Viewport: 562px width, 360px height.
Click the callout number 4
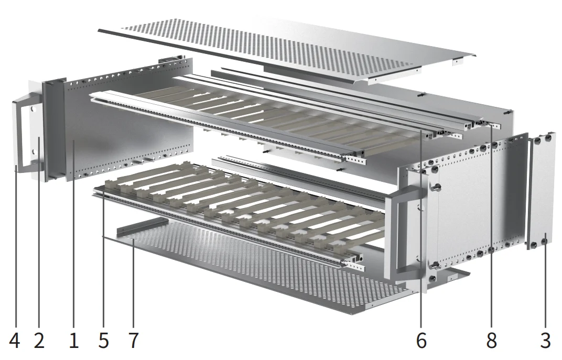pyautogui.click(x=14, y=341)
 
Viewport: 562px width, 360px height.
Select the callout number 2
pyautogui.click(x=39, y=341)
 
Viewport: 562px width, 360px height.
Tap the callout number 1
pyautogui.click(x=73, y=341)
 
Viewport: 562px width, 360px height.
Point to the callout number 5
pyautogui.click(x=103, y=341)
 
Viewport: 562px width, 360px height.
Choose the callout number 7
pyautogui.click(x=134, y=341)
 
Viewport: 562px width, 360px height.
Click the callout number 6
pyautogui.click(x=421, y=341)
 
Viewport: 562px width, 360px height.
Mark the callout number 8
pyautogui.click(x=491, y=341)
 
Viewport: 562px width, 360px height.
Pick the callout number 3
pyautogui.click(x=545, y=341)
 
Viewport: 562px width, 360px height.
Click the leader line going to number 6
pyautogui.click(x=421, y=236)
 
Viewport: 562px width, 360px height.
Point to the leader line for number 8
pyautogui.click(x=491, y=236)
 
